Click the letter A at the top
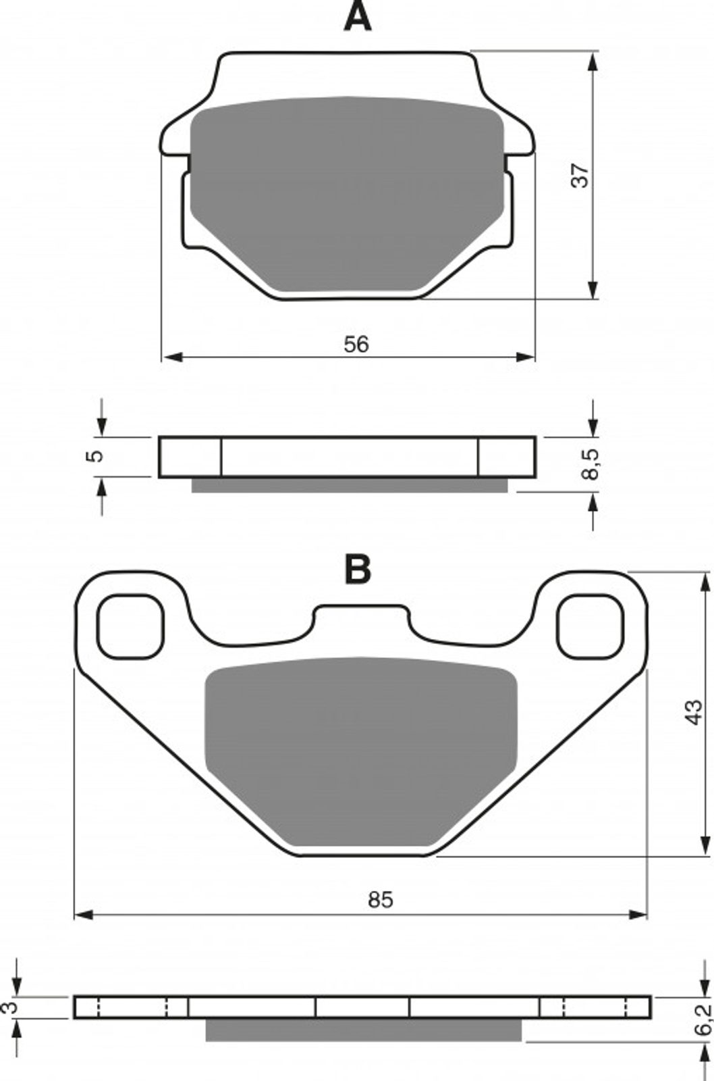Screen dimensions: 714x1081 point(357,16)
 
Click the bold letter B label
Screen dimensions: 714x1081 point(358,570)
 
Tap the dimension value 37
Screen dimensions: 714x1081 point(580,175)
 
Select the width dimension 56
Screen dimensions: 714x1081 point(356,345)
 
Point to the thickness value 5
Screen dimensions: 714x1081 point(97,455)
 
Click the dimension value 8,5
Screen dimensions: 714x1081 point(590,464)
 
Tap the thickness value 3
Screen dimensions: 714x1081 point(10,1008)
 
